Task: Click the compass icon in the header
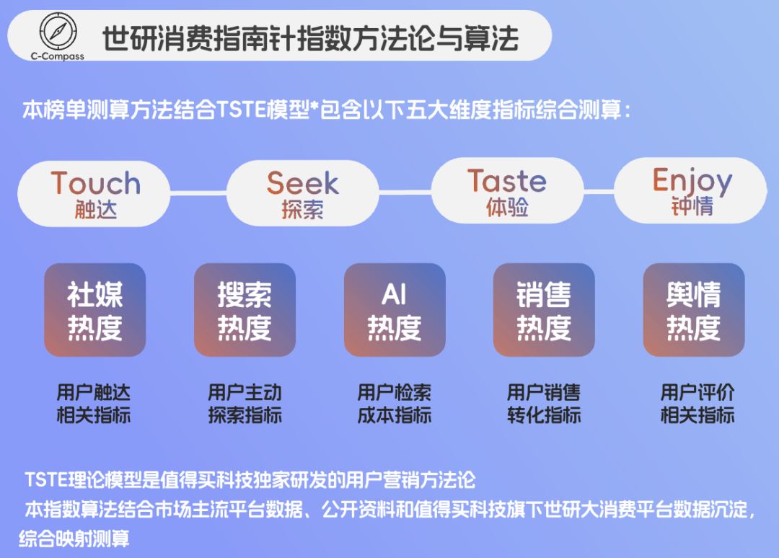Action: pos(58,31)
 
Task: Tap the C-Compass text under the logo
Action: pos(57,56)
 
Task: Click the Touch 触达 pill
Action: pos(94,194)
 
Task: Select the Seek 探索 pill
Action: pos(302,193)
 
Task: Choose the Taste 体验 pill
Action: pos(507,190)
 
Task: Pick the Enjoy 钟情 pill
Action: pos(690,190)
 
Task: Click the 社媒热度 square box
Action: pos(95,310)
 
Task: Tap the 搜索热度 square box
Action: pos(245,310)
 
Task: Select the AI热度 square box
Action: pos(395,310)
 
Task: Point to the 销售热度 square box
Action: pos(544,310)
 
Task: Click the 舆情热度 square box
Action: pos(694,310)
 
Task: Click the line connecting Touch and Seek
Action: pos(199,193)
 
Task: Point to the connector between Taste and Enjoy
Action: pos(599,190)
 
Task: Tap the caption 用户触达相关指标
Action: pos(93,404)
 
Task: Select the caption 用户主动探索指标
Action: pos(245,404)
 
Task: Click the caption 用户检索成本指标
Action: pos(395,404)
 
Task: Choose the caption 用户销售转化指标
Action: pos(544,404)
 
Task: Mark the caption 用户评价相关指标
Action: pos(697,404)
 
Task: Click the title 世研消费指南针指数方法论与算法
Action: pos(310,38)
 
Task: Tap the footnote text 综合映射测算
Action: pos(74,538)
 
